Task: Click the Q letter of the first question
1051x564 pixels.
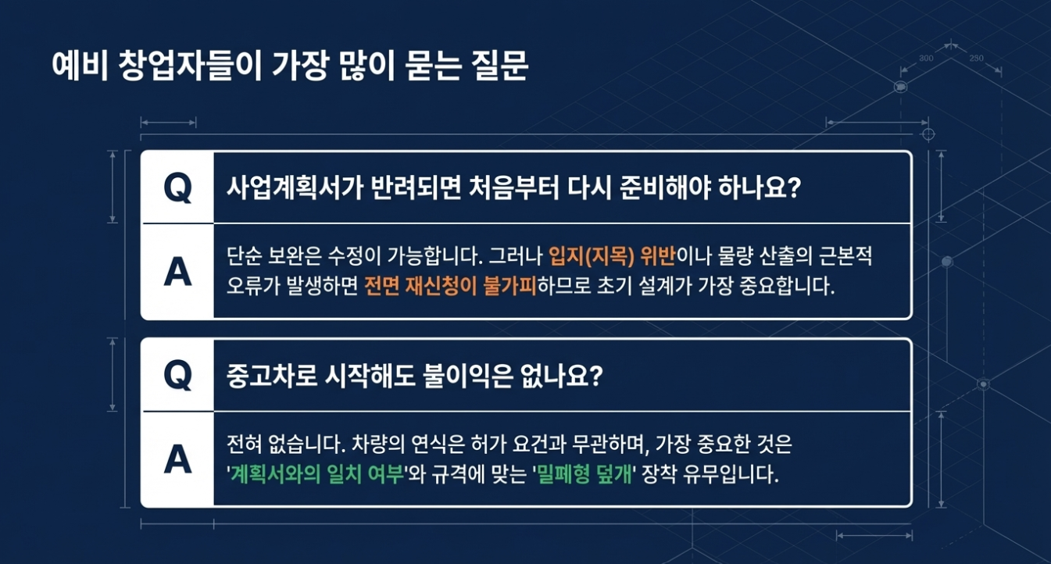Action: tap(178, 188)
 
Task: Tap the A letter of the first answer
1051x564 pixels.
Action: tap(178, 272)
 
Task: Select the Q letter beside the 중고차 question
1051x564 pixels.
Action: tap(178, 376)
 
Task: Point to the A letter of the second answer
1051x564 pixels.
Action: tap(178, 459)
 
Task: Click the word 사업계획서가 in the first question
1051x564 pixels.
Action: tap(294, 187)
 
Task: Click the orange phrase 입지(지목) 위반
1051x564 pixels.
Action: tap(612, 256)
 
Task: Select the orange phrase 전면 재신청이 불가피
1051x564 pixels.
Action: tap(450, 285)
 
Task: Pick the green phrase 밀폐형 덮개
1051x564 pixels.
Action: tap(584, 474)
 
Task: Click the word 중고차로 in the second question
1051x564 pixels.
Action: tap(272, 376)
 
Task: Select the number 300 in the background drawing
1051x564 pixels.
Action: tap(926, 59)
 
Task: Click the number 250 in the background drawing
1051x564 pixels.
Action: tap(977, 59)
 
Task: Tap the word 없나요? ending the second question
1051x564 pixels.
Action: tap(562, 376)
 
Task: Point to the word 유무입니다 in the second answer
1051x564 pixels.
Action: tap(730, 474)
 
